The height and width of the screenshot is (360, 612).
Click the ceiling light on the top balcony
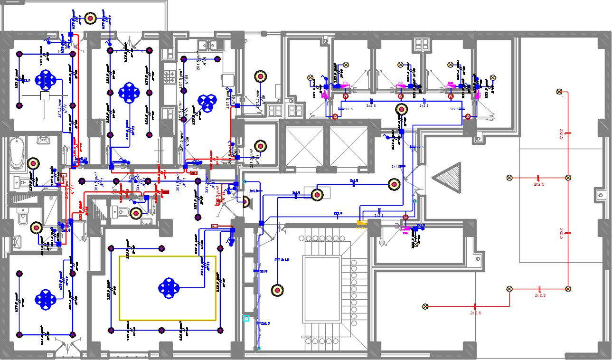tap(91, 19)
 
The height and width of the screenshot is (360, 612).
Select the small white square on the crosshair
tap(45, 96)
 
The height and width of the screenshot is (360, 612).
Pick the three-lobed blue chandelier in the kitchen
tap(207, 103)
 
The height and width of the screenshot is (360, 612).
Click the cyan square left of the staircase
tap(246, 318)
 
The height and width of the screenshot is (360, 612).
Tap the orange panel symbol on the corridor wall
tap(362, 222)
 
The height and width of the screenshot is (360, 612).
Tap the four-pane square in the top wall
tap(421, 45)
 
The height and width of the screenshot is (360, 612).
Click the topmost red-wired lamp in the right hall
tap(559, 92)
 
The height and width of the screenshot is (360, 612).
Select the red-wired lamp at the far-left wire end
tap(425, 306)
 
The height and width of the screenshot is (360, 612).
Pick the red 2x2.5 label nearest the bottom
tap(476, 313)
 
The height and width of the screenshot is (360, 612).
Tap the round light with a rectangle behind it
tap(316, 194)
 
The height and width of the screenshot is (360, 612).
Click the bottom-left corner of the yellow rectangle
tap(120, 320)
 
